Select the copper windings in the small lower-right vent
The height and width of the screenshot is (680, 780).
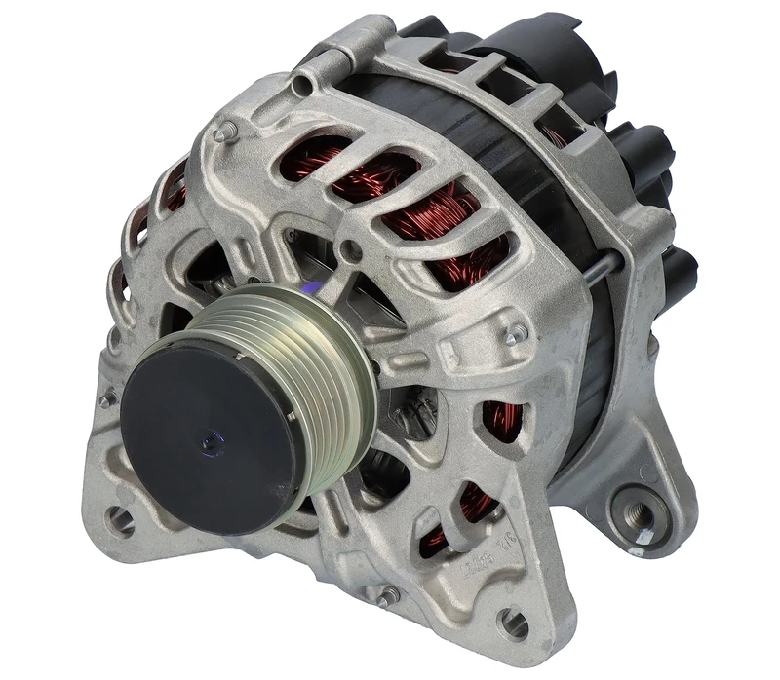[x=502, y=419]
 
